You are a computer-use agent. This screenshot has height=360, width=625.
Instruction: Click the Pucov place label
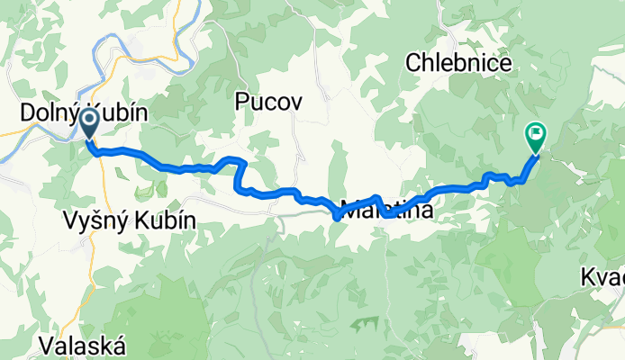coord(263,101)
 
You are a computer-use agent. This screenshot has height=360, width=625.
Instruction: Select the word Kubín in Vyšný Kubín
coord(168,221)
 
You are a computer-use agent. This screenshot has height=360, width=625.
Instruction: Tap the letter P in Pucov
coord(241,101)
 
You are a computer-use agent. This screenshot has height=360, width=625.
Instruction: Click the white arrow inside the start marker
coord(90,120)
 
